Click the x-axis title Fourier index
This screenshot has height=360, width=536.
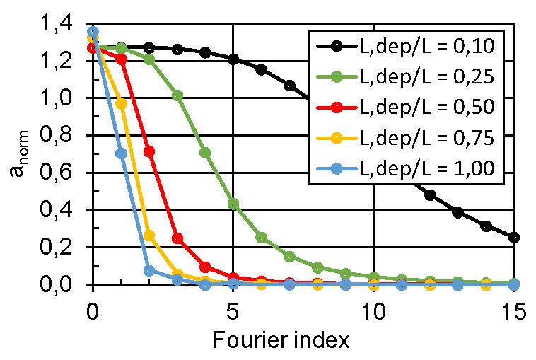(x=281, y=340)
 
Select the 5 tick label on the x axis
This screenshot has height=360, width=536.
(x=233, y=309)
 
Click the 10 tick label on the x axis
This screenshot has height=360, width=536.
(x=373, y=309)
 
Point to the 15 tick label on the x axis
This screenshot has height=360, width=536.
(x=513, y=309)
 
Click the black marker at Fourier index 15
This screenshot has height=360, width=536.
(x=514, y=238)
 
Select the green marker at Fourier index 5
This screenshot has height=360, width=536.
(x=233, y=204)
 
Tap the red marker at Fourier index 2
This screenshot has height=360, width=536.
(x=149, y=151)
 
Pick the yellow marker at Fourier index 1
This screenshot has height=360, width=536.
(x=121, y=104)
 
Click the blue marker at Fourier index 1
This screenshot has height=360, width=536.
(x=121, y=153)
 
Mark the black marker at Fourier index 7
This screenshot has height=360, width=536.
(x=289, y=86)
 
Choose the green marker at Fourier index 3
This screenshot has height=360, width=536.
(x=177, y=95)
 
